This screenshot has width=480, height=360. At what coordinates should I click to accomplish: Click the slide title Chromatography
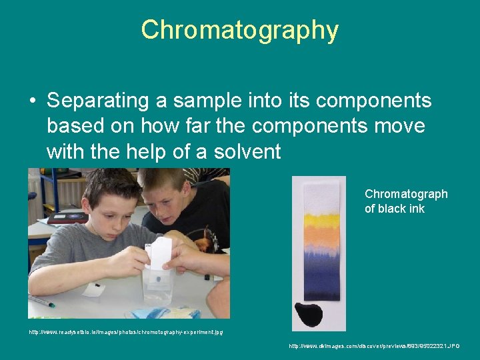(x=240, y=30)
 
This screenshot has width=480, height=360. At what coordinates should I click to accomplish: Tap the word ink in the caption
(x=416, y=209)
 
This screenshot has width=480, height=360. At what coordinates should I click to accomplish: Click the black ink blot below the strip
(x=307, y=313)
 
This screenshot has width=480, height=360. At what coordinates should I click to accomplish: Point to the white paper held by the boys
(x=161, y=253)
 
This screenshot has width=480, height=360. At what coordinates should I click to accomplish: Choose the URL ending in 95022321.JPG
(x=374, y=346)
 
